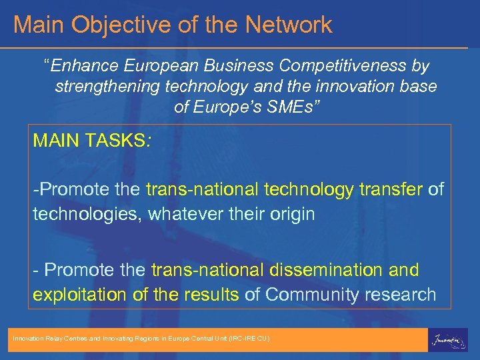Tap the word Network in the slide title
[288, 25]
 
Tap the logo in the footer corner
[447, 339]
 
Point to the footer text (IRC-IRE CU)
[248, 339]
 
